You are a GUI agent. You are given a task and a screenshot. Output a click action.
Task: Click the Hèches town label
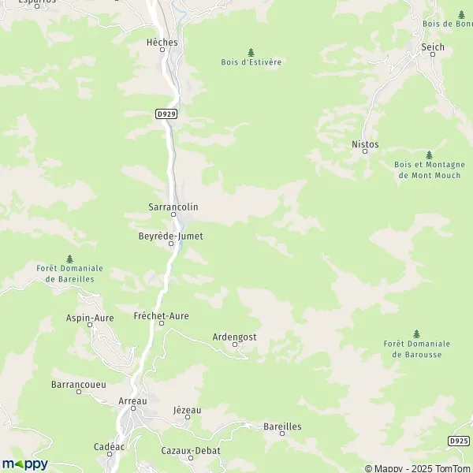(x=162, y=42)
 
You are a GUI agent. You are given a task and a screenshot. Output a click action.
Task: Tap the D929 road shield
(x=166, y=114)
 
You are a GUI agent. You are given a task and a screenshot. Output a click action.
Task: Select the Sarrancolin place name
(x=173, y=207)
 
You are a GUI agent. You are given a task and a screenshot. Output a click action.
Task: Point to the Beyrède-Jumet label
(x=171, y=236)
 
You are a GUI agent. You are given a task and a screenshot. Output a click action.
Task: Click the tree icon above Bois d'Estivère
(x=251, y=52)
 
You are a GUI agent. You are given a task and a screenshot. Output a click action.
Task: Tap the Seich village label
(x=433, y=47)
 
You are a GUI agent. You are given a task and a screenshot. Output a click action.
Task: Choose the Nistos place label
(x=365, y=145)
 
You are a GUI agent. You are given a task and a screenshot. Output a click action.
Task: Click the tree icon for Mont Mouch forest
(x=429, y=155)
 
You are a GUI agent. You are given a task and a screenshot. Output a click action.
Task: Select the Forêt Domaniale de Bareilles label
(x=70, y=274)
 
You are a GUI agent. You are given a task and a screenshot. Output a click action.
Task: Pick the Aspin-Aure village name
(x=90, y=318)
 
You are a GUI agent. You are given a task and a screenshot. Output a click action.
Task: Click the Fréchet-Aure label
(x=162, y=315)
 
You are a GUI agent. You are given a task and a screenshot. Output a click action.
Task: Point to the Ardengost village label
(x=235, y=337)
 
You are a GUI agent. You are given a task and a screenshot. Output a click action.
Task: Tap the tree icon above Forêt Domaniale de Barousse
(x=416, y=333)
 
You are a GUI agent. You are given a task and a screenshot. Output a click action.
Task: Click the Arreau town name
(x=132, y=401)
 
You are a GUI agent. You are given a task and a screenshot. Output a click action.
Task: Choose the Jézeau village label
(x=187, y=410)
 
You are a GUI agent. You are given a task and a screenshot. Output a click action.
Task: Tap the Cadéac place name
(x=110, y=446)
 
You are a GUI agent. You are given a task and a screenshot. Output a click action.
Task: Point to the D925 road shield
(x=460, y=439)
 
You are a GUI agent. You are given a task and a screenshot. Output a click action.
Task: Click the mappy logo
(x=24, y=464)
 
